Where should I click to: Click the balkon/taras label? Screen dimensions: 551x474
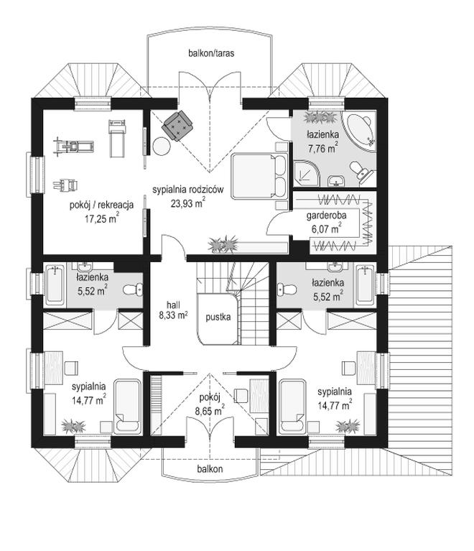pyautogui.click(x=212, y=52)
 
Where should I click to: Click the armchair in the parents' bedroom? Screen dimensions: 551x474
pyautogui.click(x=178, y=126)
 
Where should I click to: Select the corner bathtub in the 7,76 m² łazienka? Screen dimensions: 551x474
pyautogui.click(x=359, y=130)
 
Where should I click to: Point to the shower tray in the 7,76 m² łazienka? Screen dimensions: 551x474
pyautogui.click(x=307, y=171)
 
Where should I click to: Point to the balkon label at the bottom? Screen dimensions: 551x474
pyautogui.click(x=210, y=468)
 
